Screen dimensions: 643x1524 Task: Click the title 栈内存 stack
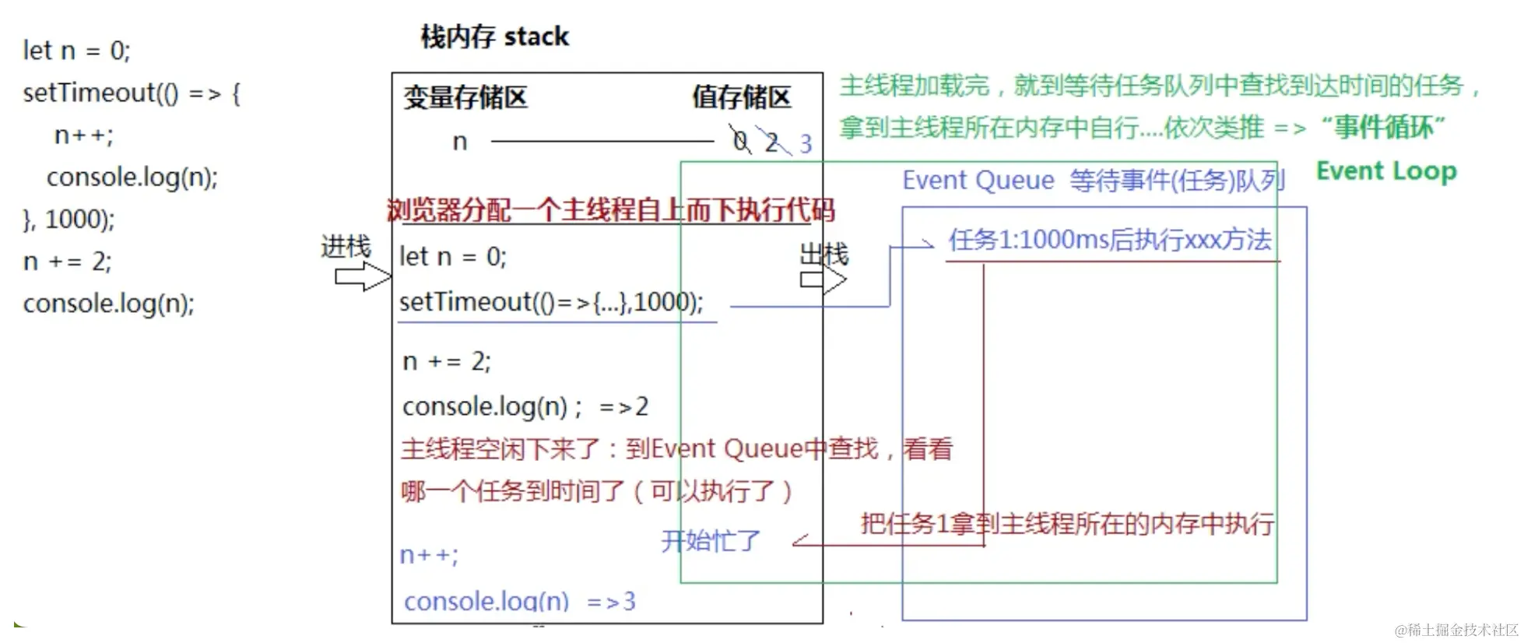tap(494, 37)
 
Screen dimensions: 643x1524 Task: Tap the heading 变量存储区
tap(465, 97)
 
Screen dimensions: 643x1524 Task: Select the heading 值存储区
tap(741, 97)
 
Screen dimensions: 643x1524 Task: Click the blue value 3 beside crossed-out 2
tap(806, 144)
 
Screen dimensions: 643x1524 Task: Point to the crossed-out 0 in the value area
tap(740, 141)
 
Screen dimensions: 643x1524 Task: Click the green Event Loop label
tap(1385, 170)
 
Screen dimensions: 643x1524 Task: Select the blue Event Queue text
tap(978, 181)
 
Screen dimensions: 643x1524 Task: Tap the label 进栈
tap(346, 247)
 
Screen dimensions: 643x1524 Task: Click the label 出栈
tap(824, 254)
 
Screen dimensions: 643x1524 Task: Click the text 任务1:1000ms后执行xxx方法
tap(1109, 240)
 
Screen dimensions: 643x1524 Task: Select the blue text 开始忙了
tap(710, 540)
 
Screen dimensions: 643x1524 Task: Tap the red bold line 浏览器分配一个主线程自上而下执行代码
tap(610, 210)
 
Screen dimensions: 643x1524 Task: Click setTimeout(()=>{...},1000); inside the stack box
tap(551, 302)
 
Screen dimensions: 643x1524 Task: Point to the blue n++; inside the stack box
tap(429, 555)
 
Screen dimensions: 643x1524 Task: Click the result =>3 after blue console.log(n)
tap(611, 601)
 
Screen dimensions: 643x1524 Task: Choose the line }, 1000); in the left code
tap(68, 220)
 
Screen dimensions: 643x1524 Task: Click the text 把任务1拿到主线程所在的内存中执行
tap(1067, 524)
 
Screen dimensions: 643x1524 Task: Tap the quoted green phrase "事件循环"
tap(1383, 127)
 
